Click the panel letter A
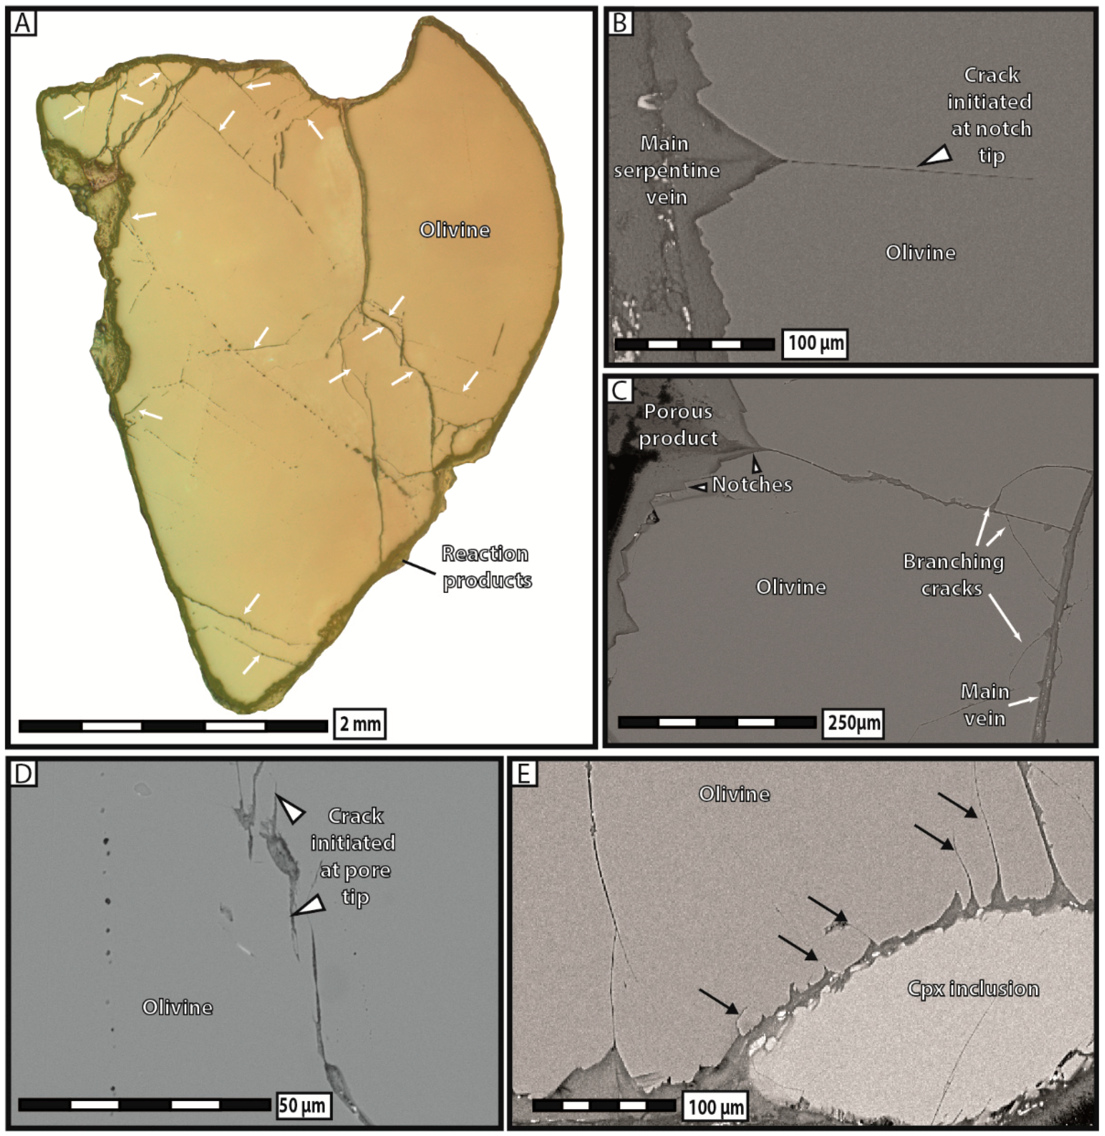tap(23, 23)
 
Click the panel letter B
tap(620, 23)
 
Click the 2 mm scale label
tap(360, 724)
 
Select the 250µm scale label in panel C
tap(853, 723)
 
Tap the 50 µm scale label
tap(301, 1105)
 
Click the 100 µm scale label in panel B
tap(815, 343)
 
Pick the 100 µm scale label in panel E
tap(716, 1107)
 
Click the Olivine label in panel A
tap(455, 230)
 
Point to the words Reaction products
tap(486, 567)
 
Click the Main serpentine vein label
tap(666, 170)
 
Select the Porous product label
tap(678, 424)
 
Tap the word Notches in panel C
tap(752, 484)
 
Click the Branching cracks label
tap(953, 575)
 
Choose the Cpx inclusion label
tap(973, 989)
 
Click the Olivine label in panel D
tap(178, 1007)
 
